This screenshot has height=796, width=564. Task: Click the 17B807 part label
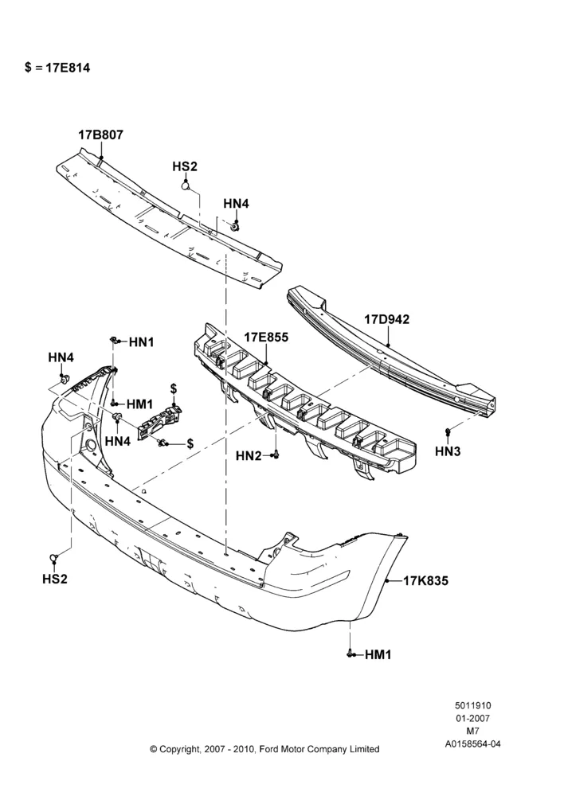click(x=100, y=135)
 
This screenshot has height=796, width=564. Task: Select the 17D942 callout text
click(x=386, y=319)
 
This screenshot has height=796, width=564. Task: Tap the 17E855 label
click(x=266, y=337)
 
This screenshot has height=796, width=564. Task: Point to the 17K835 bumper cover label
click(x=426, y=581)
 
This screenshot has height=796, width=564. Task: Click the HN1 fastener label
click(x=141, y=342)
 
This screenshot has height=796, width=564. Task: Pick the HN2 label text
click(x=249, y=456)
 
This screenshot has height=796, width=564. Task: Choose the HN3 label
click(x=448, y=451)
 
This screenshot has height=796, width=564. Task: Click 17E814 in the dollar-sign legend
click(x=68, y=68)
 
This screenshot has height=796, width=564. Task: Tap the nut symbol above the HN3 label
click(x=447, y=432)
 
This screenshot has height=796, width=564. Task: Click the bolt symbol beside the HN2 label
click(x=276, y=455)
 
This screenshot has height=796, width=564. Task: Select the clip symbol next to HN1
click(x=116, y=340)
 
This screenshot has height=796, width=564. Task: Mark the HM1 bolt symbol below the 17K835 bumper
click(x=351, y=654)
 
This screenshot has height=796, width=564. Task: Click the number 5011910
click(x=472, y=705)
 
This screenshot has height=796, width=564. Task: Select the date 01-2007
click(x=472, y=718)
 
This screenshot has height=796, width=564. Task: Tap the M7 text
click(x=472, y=732)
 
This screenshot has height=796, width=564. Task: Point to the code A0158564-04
click(x=472, y=744)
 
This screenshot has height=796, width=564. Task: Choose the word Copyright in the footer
click(x=179, y=749)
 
